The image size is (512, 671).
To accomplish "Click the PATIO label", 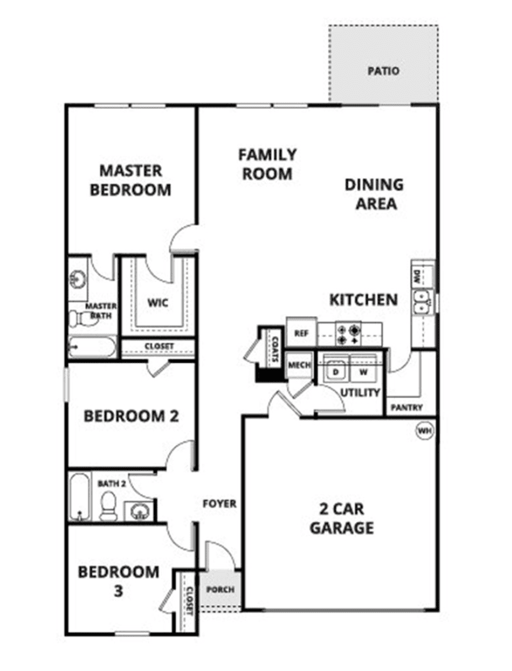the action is (383, 71).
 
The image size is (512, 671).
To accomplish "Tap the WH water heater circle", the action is (424, 431).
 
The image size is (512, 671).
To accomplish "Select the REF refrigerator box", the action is (301, 332).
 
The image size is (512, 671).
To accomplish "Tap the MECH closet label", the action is (299, 365).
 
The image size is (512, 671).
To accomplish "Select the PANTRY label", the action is (407, 407).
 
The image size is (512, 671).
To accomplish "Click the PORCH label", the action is (220, 589).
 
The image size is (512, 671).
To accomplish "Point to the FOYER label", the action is (220, 504).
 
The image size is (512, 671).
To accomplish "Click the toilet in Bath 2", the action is (108, 506).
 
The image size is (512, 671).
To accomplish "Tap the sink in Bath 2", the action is (138, 511).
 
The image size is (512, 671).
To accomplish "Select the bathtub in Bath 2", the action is (80, 497).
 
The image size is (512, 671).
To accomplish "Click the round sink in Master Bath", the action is (78, 279).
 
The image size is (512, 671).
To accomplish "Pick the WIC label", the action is (158, 303).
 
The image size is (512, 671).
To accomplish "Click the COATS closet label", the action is (275, 349).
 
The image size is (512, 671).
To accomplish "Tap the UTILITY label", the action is (360, 392).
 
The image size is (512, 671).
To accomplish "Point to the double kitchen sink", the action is (421, 302).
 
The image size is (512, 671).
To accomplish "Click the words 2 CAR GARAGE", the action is (342, 518).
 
